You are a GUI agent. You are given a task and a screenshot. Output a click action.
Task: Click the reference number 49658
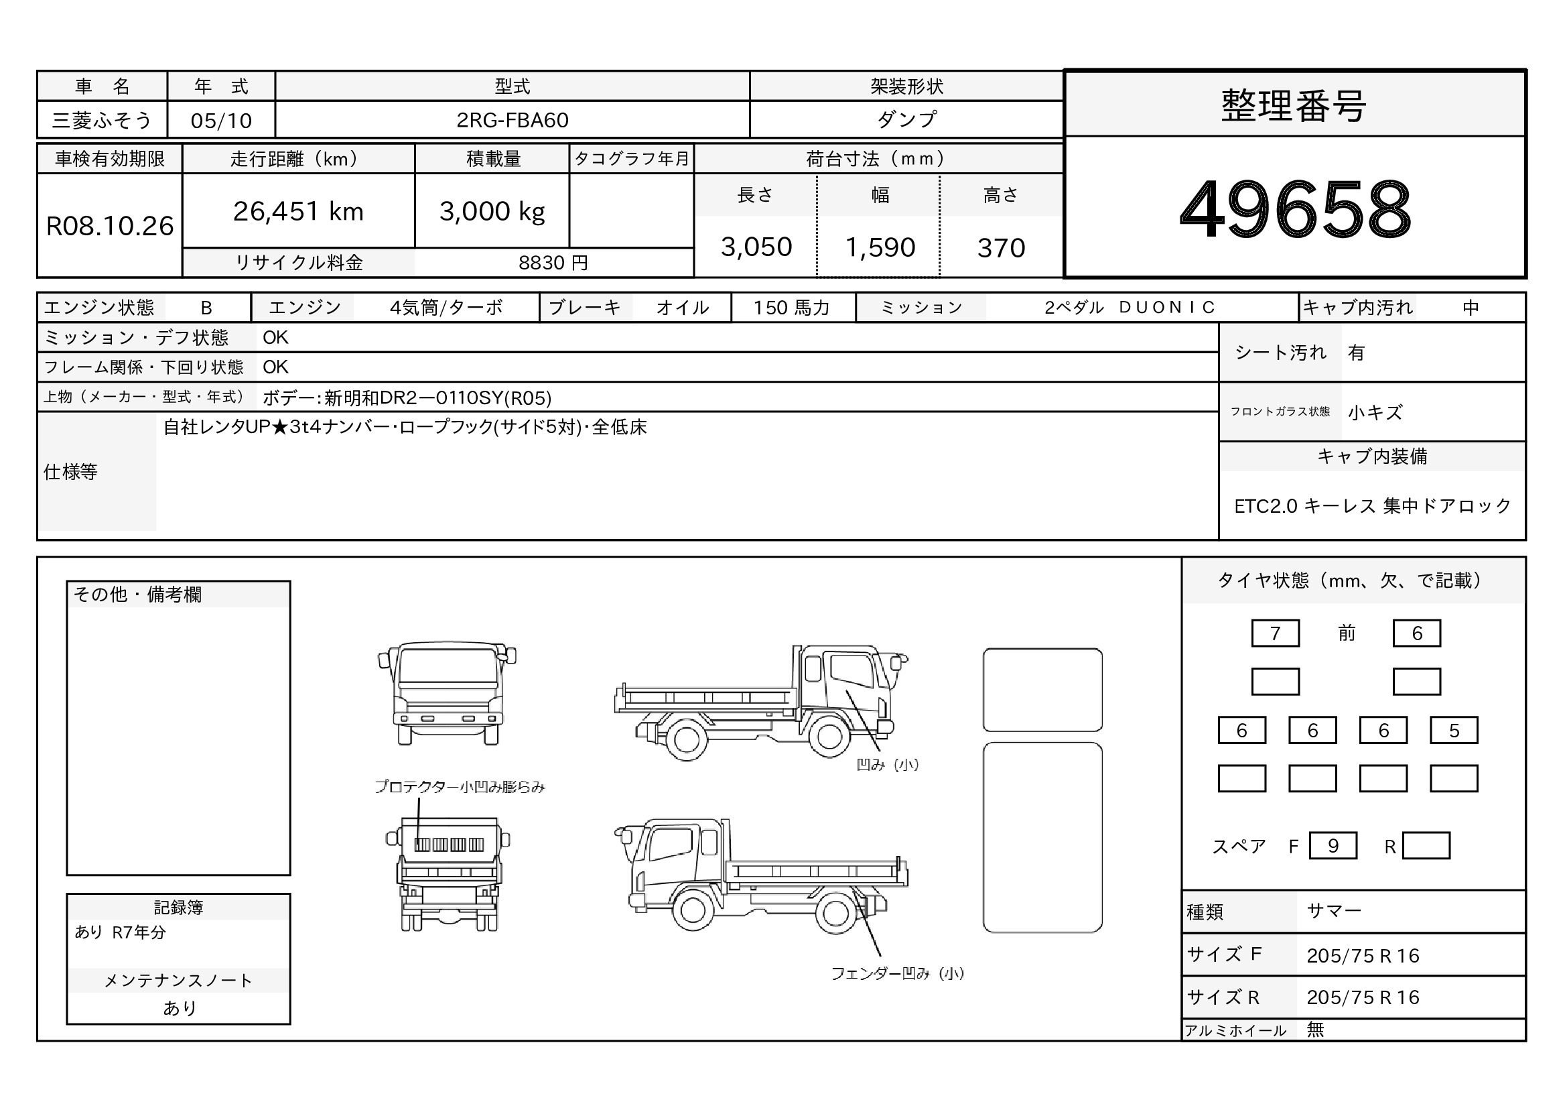[x=1295, y=208]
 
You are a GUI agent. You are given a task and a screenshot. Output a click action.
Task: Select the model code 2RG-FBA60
[x=512, y=120]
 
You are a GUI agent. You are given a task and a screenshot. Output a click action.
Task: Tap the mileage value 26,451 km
[x=298, y=212]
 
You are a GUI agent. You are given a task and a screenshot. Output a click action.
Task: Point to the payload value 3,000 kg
[x=492, y=212]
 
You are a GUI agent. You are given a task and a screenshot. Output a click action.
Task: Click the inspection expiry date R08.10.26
[x=110, y=226]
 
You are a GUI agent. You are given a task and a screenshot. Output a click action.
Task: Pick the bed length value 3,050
[x=756, y=247]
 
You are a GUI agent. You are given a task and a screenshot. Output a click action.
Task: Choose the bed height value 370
[x=1000, y=248]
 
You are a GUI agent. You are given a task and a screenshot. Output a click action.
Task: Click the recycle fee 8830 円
[x=553, y=263]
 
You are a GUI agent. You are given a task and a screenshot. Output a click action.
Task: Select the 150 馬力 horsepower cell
[x=792, y=308]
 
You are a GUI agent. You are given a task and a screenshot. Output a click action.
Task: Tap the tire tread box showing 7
[x=1275, y=633]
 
